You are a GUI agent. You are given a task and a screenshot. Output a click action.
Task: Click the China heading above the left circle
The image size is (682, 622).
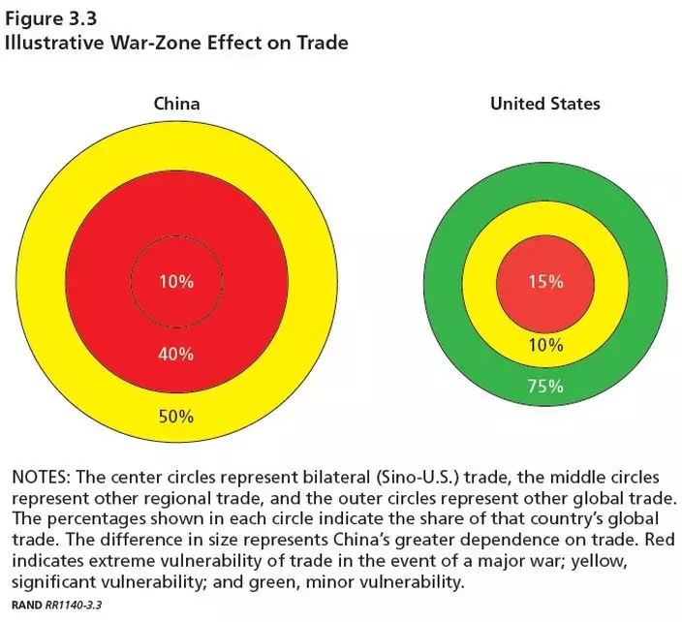click(177, 104)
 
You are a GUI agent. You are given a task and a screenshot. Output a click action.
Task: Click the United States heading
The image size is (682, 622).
click(544, 104)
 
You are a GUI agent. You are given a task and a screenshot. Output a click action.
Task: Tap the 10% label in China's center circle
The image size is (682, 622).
click(177, 282)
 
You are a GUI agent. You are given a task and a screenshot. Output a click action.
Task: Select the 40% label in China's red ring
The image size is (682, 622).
click(177, 354)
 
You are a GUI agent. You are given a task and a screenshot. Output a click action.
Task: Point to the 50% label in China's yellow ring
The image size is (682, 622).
click(177, 417)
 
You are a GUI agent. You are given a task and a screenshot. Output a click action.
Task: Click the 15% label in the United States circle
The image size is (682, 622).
click(545, 282)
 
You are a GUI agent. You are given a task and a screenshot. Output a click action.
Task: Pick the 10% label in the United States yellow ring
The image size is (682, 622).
click(545, 346)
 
